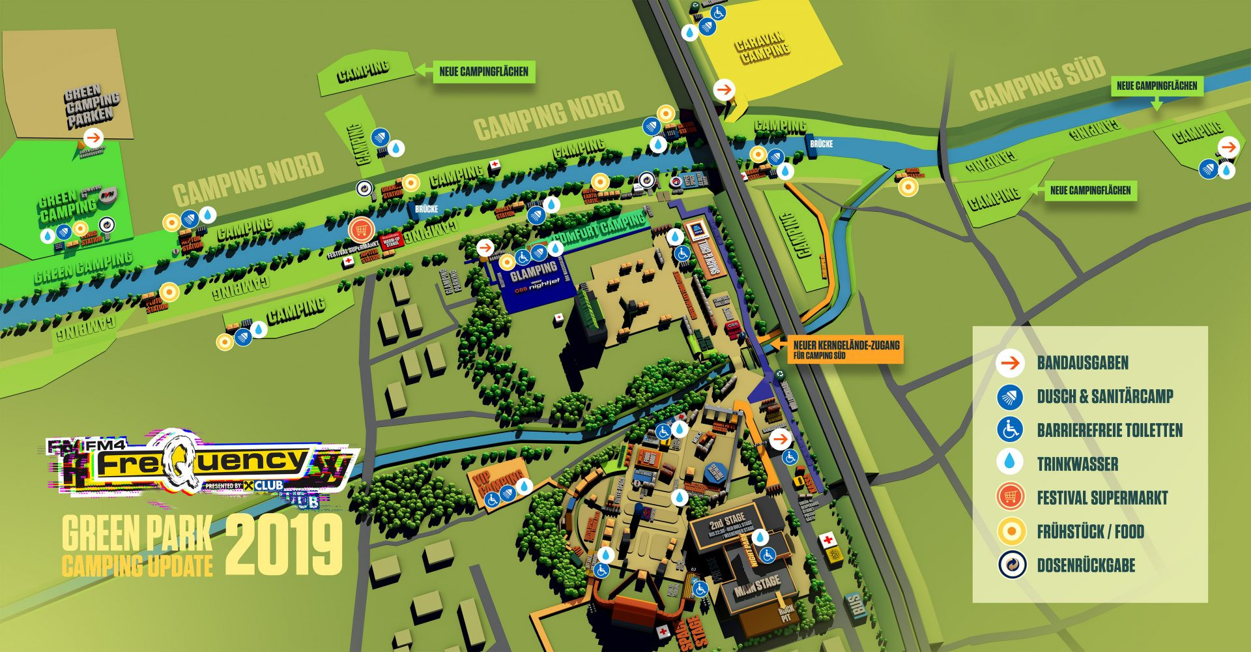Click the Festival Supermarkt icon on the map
360,230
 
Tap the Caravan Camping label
762,48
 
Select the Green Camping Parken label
91,106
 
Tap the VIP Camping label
499,479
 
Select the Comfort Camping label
599,229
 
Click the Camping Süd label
1037,83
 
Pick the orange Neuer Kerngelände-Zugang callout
846,349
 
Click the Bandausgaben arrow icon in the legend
1010,363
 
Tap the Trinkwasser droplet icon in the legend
1010,463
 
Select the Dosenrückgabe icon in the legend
1011,565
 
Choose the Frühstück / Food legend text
1090,531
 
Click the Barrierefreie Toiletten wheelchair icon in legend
1010,429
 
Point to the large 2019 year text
284,545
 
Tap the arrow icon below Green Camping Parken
94,138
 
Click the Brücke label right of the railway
821,143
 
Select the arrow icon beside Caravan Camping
724,89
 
